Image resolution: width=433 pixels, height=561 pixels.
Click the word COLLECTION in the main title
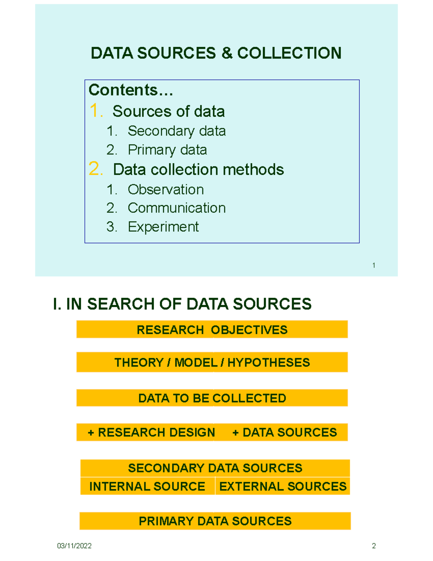point(289,53)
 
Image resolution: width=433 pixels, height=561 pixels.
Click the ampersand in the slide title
point(227,53)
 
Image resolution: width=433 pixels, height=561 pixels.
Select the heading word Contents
point(123,90)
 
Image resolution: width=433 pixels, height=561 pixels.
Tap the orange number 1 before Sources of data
point(96,111)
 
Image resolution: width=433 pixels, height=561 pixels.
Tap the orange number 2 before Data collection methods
point(96,169)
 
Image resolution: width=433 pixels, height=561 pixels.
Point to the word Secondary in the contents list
point(161,131)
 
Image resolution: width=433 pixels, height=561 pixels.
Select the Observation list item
point(166,190)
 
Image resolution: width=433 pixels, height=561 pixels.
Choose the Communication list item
point(177,208)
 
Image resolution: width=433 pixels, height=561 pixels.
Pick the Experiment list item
point(163,227)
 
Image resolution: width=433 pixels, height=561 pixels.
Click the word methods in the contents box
point(253,170)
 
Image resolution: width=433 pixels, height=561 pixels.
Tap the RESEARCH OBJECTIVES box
point(212,329)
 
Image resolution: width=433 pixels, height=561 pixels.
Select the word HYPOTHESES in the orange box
point(268,362)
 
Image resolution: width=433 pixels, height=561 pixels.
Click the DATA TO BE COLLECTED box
point(212,398)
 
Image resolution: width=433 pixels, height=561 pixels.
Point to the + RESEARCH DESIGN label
point(152,432)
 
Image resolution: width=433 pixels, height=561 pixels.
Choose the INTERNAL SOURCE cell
point(148,486)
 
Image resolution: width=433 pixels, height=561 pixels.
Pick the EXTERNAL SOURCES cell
point(283,486)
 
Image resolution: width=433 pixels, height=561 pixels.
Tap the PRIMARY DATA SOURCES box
point(215,521)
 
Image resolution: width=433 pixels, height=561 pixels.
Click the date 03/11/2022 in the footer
point(74,546)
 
